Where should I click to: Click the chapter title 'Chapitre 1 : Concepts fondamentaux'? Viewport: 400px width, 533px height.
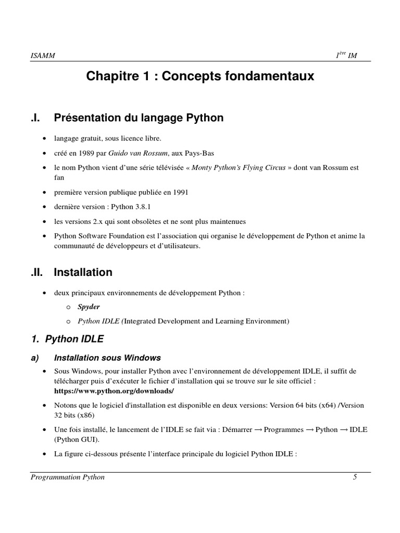200,77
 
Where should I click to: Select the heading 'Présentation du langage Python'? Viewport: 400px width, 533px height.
139,118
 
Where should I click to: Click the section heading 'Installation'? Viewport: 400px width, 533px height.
83,272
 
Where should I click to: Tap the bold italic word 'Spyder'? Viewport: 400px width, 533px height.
89,307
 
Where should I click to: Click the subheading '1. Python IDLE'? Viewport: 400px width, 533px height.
68,339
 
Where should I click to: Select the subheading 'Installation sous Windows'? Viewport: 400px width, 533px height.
107,358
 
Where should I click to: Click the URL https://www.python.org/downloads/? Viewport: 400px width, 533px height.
114,390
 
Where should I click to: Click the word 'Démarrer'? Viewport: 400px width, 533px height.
236,429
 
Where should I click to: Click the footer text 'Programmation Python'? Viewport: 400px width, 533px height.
68,477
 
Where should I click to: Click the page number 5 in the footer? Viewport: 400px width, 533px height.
355,477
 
